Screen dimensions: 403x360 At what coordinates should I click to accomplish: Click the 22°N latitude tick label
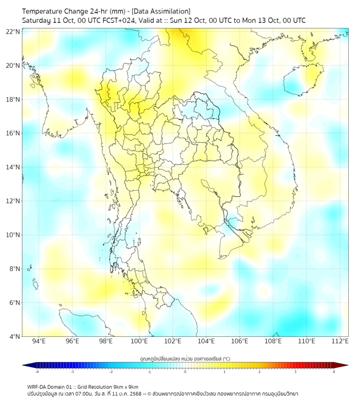(x=13, y=32)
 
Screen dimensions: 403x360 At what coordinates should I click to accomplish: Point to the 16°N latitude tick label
(x=13, y=133)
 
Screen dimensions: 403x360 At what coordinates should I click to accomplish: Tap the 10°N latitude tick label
(x=13, y=235)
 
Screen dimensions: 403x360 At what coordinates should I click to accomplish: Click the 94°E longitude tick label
(x=39, y=341)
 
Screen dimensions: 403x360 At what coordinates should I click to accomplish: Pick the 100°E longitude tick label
(x=139, y=341)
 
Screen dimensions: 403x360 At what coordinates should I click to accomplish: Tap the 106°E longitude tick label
(x=240, y=341)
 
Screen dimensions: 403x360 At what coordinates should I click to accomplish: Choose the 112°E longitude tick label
(x=340, y=341)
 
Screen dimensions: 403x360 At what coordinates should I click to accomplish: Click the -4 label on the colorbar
(x=36, y=372)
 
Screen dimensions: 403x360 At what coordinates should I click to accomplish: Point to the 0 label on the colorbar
(x=185, y=372)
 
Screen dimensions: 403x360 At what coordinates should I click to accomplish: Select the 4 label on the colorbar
(x=333, y=372)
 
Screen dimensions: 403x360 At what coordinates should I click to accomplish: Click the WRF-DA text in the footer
(x=37, y=386)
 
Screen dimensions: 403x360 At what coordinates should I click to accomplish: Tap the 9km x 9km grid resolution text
(x=124, y=386)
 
